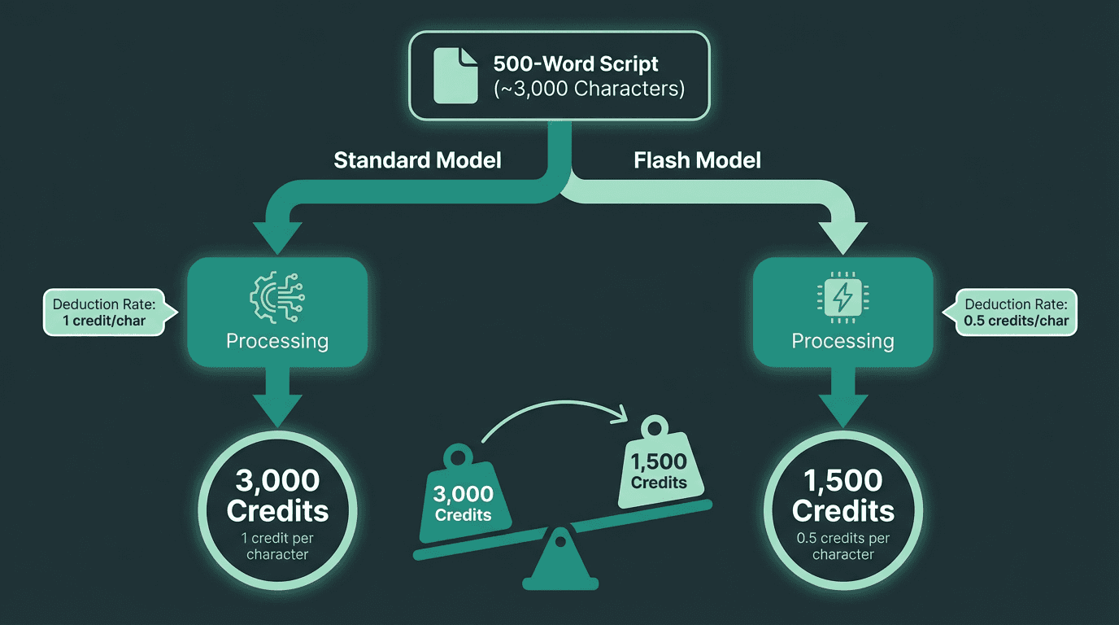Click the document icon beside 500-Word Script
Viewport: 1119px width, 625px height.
455,75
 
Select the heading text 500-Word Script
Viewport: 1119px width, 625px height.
576,63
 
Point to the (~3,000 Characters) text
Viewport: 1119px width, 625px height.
589,88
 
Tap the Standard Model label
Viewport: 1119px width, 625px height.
417,160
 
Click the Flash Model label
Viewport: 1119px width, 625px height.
697,160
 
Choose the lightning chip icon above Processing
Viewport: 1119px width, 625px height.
843,298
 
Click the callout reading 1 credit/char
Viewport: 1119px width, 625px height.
103,312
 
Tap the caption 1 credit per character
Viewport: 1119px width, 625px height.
277,546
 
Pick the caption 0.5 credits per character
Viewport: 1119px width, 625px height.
843,546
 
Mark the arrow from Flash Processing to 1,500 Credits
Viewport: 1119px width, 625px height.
843,399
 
